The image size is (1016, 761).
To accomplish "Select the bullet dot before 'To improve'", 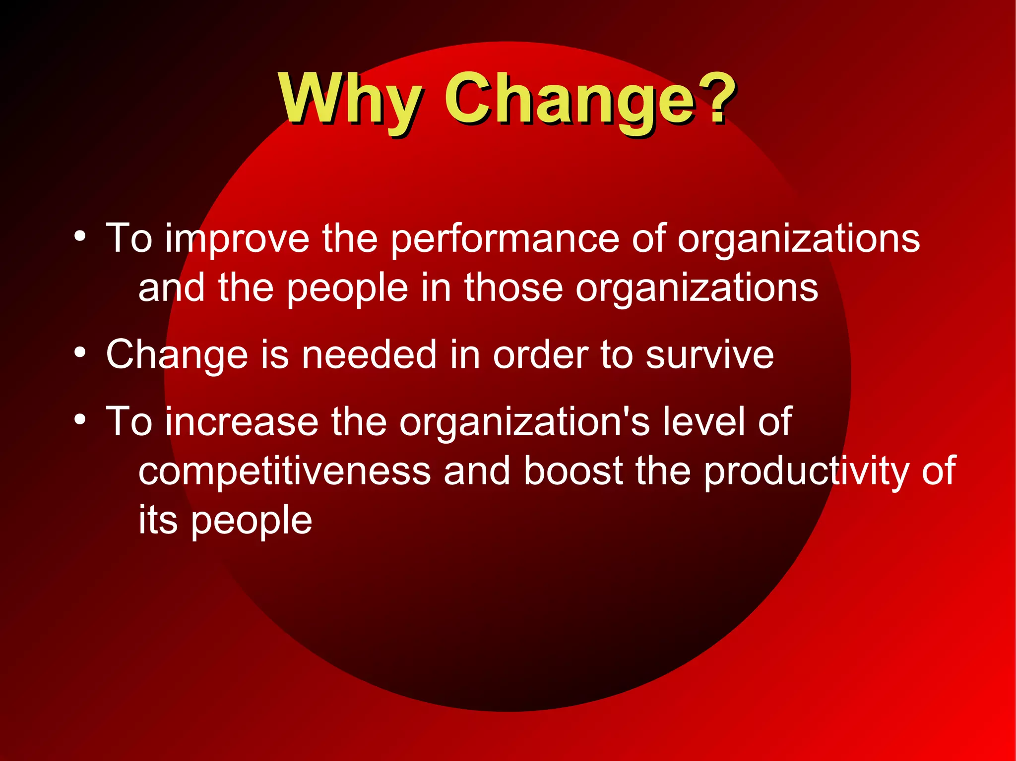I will [80, 236].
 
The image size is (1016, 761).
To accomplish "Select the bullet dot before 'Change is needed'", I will [80, 353].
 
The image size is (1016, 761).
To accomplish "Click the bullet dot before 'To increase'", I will [80, 420].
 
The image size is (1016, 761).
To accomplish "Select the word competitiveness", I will [284, 472].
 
